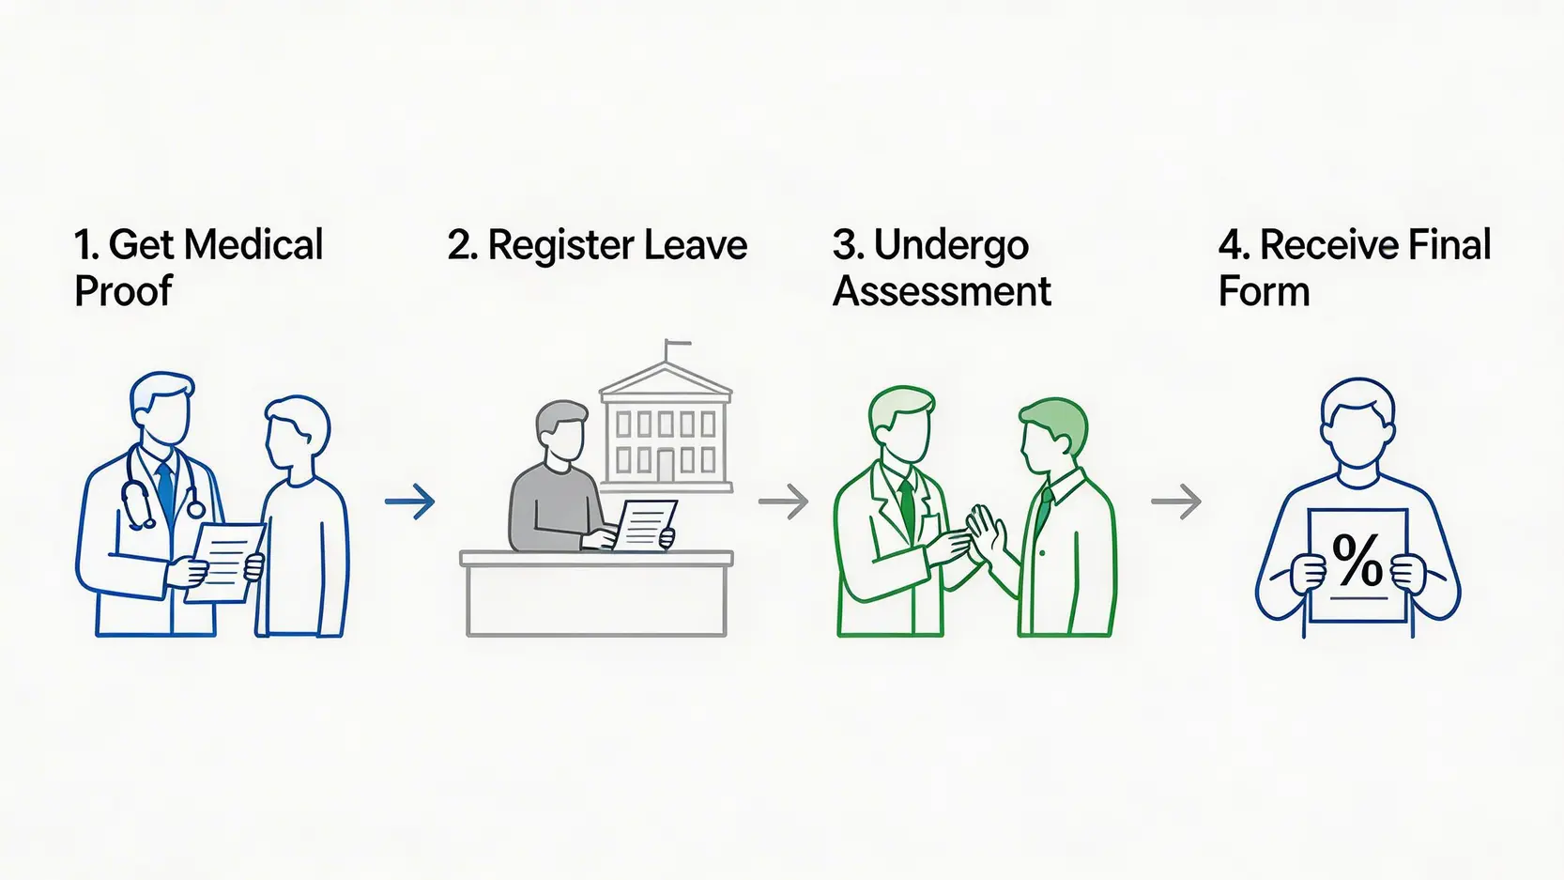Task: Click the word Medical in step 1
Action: pyautogui.click(x=253, y=245)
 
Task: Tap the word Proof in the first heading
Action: pyautogui.click(x=123, y=291)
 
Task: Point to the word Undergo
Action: pyautogui.click(x=951, y=246)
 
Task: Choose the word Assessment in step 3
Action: pyautogui.click(x=942, y=291)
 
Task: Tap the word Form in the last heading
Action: pyautogui.click(x=1264, y=291)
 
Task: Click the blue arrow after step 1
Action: pyautogui.click(x=410, y=502)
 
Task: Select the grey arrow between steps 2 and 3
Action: pyautogui.click(x=783, y=502)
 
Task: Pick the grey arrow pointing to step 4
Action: pyautogui.click(x=1176, y=502)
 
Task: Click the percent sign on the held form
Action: pyautogui.click(x=1357, y=562)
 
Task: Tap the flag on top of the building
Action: pyautogui.click(x=678, y=345)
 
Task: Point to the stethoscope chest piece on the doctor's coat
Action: pyautogui.click(x=195, y=509)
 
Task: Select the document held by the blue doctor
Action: pyautogui.click(x=225, y=562)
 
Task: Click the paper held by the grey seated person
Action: pyautogui.click(x=645, y=525)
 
